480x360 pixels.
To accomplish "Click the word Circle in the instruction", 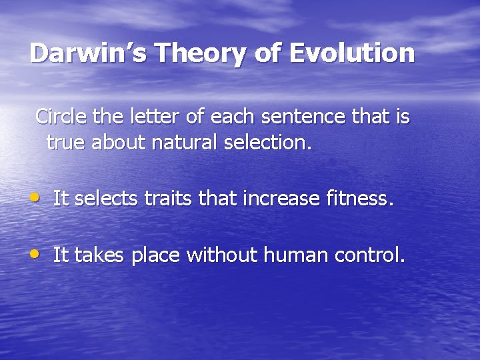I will [62, 117].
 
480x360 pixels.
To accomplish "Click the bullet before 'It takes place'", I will [35, 254].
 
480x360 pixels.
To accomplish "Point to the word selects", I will [103, 198].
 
